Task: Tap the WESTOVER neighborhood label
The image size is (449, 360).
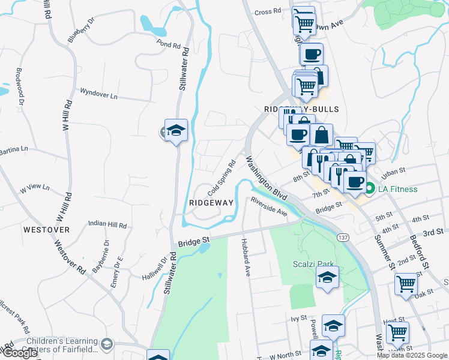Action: [x=46, y=230]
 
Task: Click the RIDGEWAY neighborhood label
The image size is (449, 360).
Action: [x=211, y=203]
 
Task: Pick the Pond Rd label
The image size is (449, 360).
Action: [x=169, y=44]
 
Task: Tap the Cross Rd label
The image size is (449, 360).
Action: [x=268, y=11]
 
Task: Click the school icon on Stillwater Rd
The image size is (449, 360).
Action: [x=176, y=130]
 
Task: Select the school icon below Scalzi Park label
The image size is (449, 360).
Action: [x=327, y=278]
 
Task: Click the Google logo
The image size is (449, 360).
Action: [x=20, y=353]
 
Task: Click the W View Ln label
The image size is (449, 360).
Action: [x=35, y=188]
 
